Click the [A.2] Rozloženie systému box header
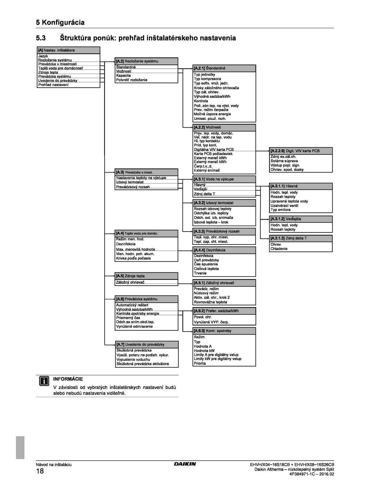(146, 61)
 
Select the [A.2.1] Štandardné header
(224, 68)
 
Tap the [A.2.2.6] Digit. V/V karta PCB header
(301, 151)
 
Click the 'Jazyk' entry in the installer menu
(43, 56)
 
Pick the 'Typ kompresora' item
(207, 79)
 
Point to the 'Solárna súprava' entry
(284, 161)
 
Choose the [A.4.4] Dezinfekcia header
(224, 250)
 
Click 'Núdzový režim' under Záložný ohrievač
(206, 293)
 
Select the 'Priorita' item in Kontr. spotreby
(200, 363)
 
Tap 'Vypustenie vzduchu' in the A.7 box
(133, 359)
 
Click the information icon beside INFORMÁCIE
(44, 381)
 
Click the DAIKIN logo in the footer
(185, 464)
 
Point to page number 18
(40, 471)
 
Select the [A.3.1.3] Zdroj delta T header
(301, 238)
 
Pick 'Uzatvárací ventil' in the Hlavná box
(284, 206)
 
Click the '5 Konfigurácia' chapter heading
(60, 22)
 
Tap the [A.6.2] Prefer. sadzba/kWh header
(224, 311)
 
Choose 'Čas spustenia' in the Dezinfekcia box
(206, 264)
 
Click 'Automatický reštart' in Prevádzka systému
(132, 305)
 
